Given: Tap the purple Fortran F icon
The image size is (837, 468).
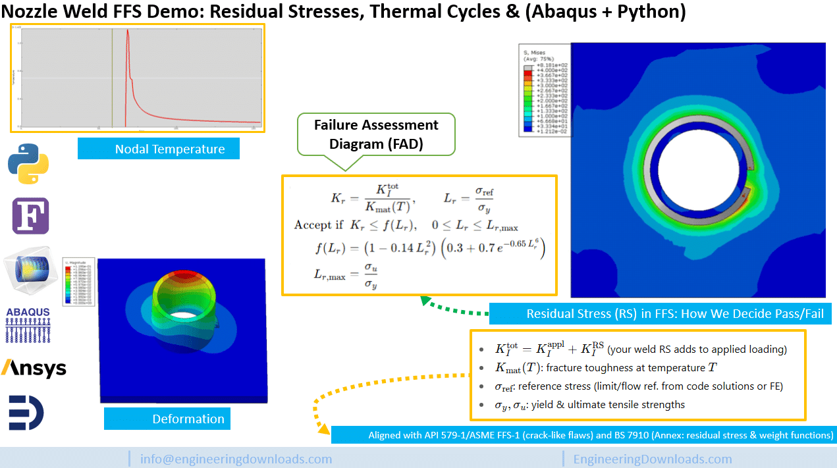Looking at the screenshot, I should (30, 216).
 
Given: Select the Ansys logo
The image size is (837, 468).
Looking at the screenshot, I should (34, 367).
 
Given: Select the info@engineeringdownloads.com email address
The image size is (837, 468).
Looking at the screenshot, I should (236, 459).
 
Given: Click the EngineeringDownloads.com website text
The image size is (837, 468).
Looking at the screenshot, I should (653, 459).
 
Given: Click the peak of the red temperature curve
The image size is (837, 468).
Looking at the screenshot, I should (126, 32).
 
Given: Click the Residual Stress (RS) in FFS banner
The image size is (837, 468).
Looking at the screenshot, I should (674, 314).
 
